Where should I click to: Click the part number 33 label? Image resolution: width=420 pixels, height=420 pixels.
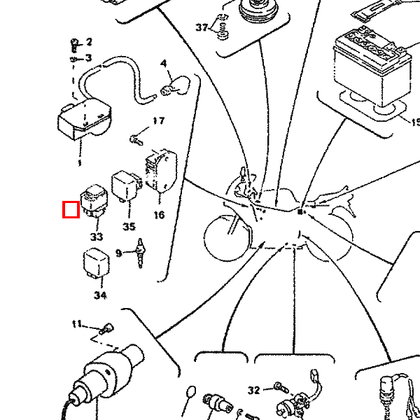coord(96,237)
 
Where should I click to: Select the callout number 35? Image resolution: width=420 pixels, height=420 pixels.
coord(128,226)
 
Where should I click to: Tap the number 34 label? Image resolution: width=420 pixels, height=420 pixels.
coord(100,295)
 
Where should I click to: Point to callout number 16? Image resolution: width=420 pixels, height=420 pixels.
coord(159,215)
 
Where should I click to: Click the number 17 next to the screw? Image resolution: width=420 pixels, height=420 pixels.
coord(158,121)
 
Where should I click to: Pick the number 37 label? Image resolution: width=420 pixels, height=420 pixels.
coord(202,28)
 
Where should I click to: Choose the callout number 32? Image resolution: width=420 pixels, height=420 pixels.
coord(253,389)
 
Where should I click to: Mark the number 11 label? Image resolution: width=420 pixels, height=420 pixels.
coord(78,324)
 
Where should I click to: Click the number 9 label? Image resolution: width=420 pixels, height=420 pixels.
coord(119,253)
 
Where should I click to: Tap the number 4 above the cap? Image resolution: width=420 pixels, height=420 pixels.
coord(164,64)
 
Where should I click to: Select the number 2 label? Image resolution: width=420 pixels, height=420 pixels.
coord(89,43)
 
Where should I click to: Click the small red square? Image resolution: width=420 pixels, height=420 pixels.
coord(70,209)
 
